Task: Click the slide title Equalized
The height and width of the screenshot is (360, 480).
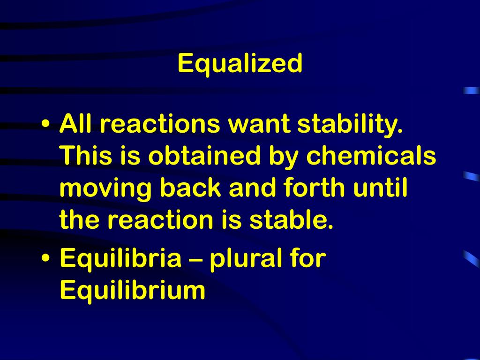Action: [240, 64]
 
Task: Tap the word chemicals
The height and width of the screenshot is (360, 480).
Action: [371, 157]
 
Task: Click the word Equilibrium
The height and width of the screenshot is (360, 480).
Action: [133, 291]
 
